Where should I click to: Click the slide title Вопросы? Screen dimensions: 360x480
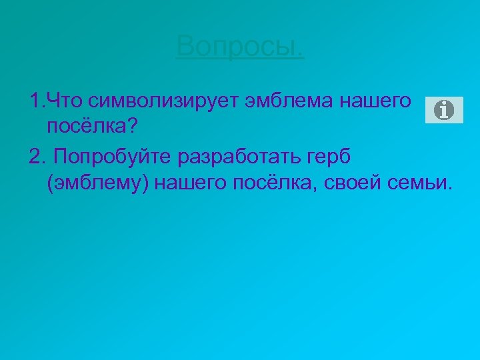coord(240,47)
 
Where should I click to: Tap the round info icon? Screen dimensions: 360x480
coord(443,109)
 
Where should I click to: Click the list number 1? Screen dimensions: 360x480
coord(35,102)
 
